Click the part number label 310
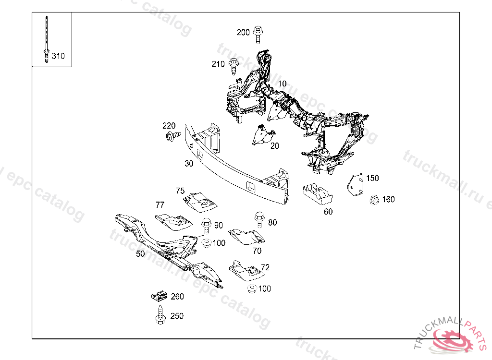tap(58, 56)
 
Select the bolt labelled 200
tap(258, 33)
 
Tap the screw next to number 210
tap(234, 65)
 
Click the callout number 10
tap(282, 84)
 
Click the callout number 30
tap(189, 163)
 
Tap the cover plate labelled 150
tap(355, 185)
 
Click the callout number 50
tap(140, 253)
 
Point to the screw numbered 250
tap(160, 315)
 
